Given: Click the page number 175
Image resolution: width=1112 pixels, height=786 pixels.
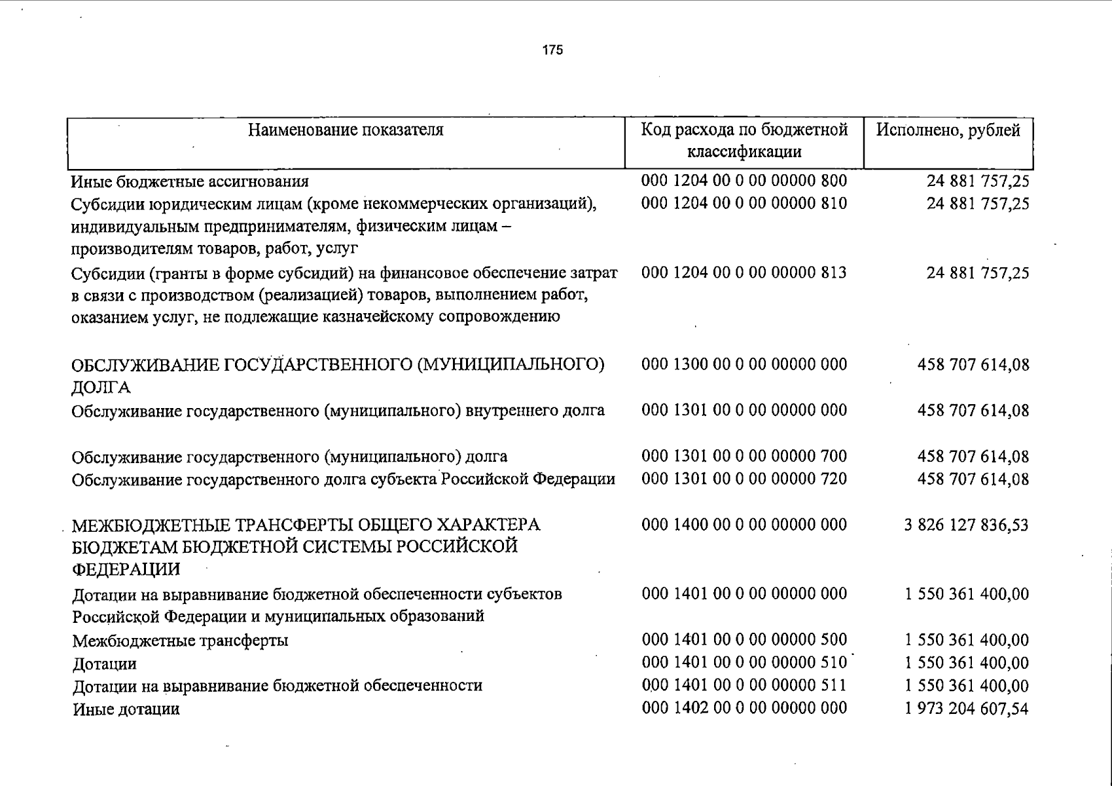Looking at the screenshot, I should pos(552,50).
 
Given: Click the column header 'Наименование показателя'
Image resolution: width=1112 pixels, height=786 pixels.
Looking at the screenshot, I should pos(346,130).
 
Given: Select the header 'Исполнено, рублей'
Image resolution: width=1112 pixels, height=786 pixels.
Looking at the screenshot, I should pos(948,130).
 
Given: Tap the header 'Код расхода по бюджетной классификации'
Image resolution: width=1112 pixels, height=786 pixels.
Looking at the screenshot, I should pos(744,141).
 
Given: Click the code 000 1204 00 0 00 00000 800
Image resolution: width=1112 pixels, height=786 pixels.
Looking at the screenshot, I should pos(744,181).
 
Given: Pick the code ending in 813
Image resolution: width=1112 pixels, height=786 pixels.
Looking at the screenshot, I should pos(744,272).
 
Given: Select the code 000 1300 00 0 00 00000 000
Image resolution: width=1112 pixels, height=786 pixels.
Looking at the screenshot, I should pos(744,364).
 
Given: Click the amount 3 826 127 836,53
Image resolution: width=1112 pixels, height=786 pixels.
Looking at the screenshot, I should pos(966,525).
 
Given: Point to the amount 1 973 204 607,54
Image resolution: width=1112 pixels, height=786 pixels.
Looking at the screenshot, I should pos(966,709).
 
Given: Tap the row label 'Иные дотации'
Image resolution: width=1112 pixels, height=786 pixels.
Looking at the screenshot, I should pos(126,709).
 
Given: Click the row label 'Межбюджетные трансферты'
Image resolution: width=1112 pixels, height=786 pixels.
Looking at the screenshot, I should pos(180,641).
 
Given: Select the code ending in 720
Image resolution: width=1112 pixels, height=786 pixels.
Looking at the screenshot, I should pos(744,479).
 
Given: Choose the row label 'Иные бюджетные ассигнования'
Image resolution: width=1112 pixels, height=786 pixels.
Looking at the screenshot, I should pos(190,181).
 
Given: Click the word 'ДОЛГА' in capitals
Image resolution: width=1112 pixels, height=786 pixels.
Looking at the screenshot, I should pos(101,388).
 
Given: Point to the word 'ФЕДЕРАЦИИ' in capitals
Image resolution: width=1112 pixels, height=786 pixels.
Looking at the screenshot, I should pos(126,569).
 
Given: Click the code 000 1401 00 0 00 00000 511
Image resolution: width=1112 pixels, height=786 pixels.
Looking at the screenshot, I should pos(744,686).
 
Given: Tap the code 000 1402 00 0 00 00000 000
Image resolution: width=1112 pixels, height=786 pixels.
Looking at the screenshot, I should pos(744,708).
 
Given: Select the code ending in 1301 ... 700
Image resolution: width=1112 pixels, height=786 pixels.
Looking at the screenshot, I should pos(744,456).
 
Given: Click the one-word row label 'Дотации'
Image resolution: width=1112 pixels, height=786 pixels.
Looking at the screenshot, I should pos(105,664).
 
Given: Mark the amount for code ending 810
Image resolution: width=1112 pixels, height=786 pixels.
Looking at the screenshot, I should pos(977,204).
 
